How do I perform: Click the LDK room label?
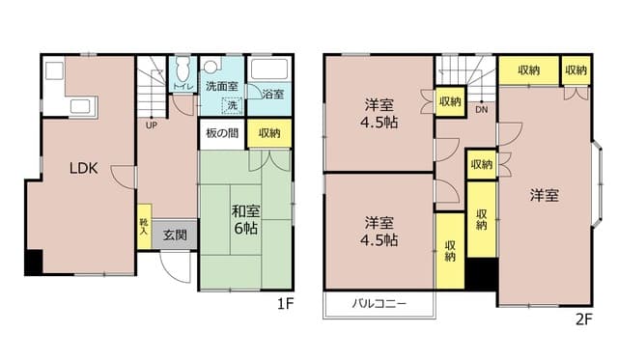(x=82, y=168)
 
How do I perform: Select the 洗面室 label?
(x=221, y=86)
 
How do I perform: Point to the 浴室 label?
(x=272, y=94)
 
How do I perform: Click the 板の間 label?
(x=221, y=133)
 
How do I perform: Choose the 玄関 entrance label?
(x=175, y=234)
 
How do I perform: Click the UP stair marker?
(x=152, y=125)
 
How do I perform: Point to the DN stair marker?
(x=481, y=110)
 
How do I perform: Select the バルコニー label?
(x=378, y=304)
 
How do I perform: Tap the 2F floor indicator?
(x=585, y=318)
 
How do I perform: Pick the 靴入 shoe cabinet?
(x=144, y=228)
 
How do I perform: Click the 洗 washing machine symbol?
(x=232, y=105)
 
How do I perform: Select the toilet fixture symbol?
(x=182, y=70)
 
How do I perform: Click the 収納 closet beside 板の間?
(x=268, y=133)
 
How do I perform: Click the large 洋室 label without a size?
(x=544, y=195)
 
